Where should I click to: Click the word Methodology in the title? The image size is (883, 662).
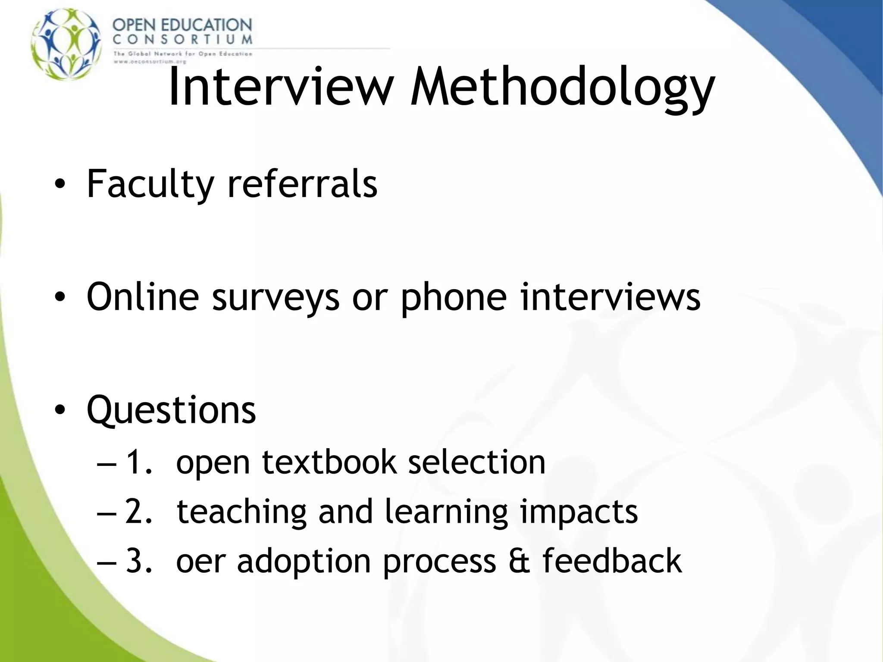coord(563,88)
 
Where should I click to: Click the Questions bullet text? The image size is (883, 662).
coord(171,410)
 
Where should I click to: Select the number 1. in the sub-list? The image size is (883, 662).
coord(139,462)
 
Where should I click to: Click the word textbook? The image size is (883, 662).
coord(329,462)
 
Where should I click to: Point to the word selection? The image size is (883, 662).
coord(476,462)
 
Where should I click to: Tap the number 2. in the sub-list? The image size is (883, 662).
coord(139,512)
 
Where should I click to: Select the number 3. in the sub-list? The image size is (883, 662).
coord(139,561)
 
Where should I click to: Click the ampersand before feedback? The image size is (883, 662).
coord(519,561)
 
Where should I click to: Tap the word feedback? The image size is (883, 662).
coord(612,561)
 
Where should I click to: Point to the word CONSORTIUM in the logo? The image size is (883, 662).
coord(182,40)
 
